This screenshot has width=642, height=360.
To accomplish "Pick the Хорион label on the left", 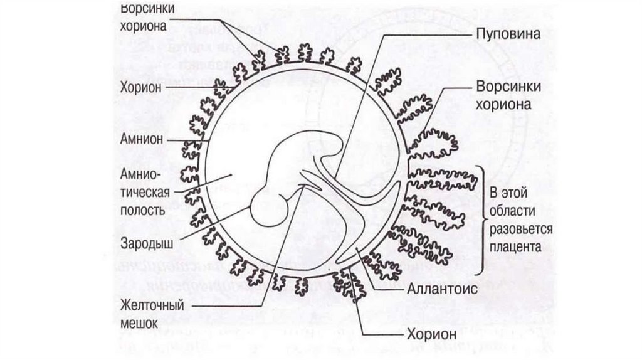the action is [142, 87].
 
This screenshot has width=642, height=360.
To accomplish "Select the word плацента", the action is [517, 246].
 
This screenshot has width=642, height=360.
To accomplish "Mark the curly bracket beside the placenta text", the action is [483, 220].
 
